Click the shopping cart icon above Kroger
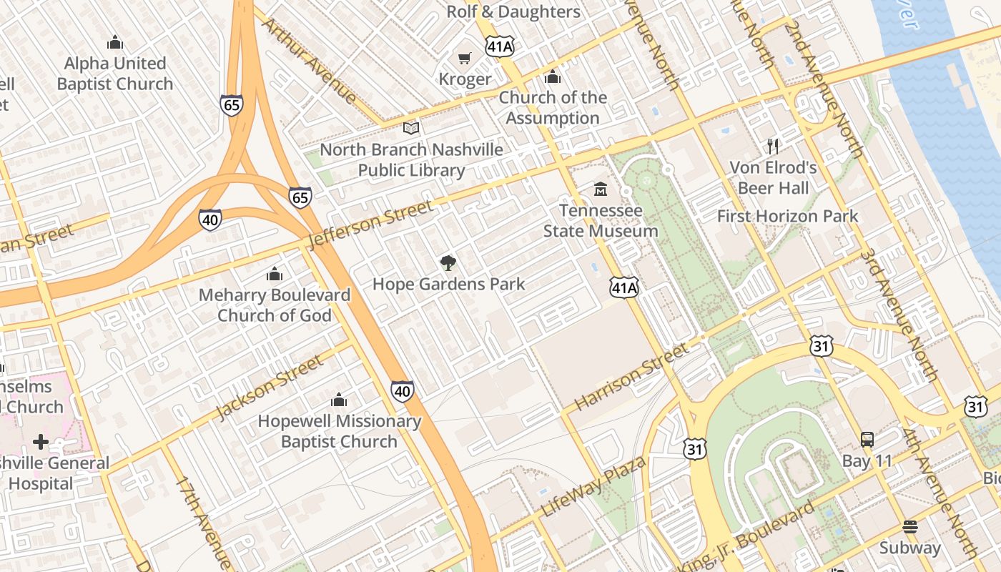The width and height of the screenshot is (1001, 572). point(465,58)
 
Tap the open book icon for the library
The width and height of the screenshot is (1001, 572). point(411,129)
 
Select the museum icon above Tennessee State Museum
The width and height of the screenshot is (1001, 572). point(601,189)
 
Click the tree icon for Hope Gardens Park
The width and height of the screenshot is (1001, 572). point(448,262)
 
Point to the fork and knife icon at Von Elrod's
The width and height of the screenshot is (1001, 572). point(773,147)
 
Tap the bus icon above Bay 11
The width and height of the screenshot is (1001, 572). point(867,440)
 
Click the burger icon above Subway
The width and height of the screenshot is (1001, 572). point(909,527)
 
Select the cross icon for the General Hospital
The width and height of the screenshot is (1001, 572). point(41,441)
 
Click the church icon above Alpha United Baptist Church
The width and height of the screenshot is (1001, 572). point(115,43)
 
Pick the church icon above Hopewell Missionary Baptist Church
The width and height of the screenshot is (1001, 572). point(339,400)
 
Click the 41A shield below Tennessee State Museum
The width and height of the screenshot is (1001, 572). point(623,287)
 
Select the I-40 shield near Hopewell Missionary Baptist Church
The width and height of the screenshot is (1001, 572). point(403,390)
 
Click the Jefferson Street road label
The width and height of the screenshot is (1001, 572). point(370,225)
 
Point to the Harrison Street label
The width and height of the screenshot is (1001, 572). point(631,376)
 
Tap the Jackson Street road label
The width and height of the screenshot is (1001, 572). point(270,388)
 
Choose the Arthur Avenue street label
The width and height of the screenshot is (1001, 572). point(309,60)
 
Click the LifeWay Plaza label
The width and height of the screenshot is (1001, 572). point(594,486)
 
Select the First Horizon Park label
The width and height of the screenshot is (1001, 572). point(787,216)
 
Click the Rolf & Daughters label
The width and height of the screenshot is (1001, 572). point(513,11)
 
